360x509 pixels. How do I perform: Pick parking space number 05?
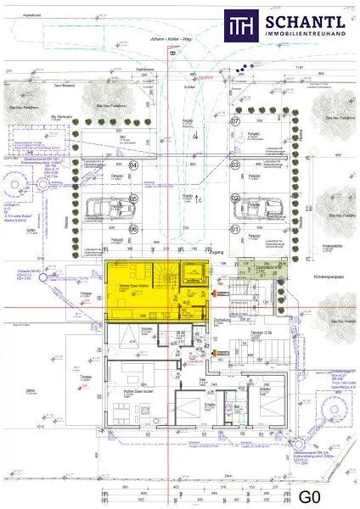133,199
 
